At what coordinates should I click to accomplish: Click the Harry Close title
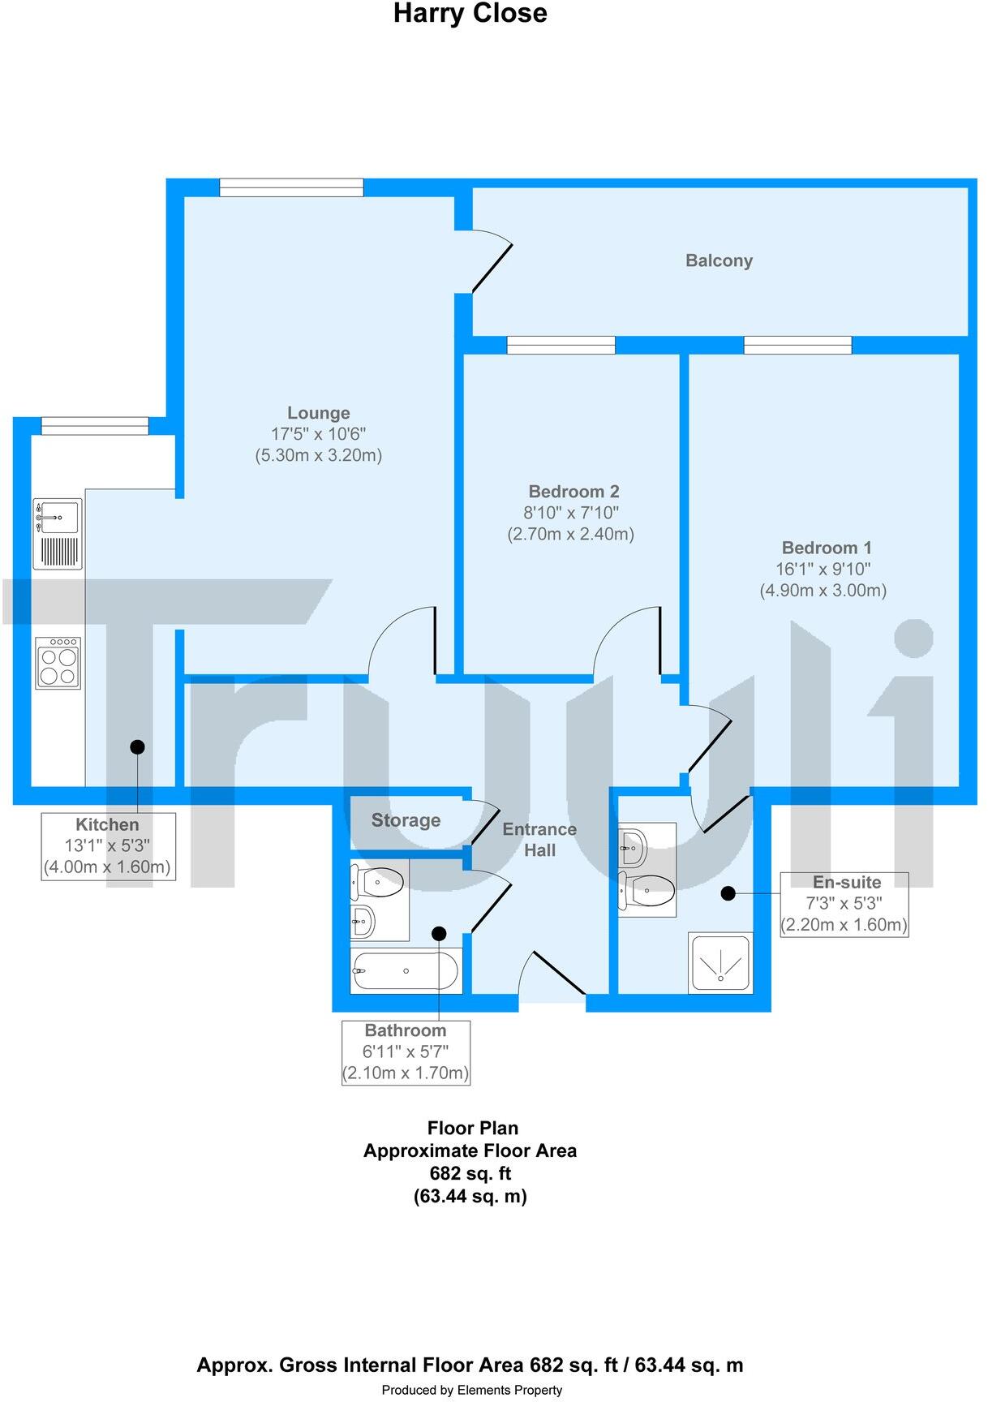coord(470,14)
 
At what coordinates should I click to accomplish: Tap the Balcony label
coord(719,260)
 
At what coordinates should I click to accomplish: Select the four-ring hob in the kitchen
coord(58,663)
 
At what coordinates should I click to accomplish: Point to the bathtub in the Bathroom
coord(406,970)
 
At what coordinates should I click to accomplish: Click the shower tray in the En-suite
coord(720,963)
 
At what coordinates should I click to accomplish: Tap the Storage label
coord(406,820)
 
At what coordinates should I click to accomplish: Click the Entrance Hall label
coord(539,840)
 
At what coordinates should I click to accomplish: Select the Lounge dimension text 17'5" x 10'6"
coord(318,434)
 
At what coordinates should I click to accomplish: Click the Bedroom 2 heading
coord(573,492)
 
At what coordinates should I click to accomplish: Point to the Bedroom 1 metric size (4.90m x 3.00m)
coord(823,591)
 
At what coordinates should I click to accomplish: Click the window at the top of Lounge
coord(291,187)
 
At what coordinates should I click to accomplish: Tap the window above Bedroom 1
coord(797,345)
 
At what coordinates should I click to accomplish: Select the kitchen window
coord(95,426)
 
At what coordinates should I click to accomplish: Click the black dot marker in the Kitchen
coord(137,746)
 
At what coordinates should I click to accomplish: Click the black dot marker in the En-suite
coord(728,893)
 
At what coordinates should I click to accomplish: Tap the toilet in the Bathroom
coord(377,882)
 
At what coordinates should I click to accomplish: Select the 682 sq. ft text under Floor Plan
coord(470,1173)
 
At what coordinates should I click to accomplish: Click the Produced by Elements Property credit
coord(471,1390)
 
